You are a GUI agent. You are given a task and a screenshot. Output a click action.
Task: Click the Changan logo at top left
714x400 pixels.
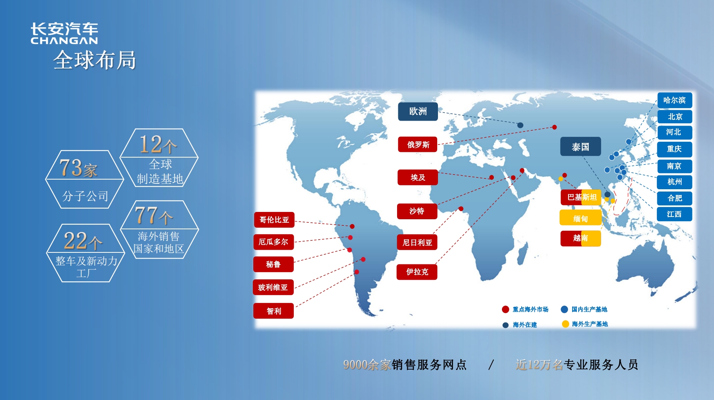tap(64, 33)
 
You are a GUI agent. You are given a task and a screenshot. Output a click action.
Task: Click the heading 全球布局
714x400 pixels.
tap(95, 60)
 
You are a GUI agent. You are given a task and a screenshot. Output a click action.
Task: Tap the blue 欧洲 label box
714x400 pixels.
tap(418, 111)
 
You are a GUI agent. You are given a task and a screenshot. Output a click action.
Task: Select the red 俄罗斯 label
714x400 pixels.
tap(418, 145)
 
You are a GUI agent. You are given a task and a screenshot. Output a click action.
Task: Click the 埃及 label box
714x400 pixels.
tap(418, 177)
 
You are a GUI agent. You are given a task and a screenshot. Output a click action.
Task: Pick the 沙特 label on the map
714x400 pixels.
tap(417, 211)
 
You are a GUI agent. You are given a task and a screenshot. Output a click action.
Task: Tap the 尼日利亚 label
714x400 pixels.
tap(417, 242)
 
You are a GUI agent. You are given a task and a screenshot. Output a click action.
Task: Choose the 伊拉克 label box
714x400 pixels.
tap(417, 272)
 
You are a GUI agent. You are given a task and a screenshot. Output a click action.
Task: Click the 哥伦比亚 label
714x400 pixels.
tap(274, 220)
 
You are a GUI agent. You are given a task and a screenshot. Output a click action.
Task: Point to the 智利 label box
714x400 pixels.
tap(274, 311)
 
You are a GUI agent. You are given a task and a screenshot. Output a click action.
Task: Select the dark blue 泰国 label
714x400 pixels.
tap(581, 146)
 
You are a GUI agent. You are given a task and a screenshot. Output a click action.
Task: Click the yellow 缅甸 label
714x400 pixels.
tap(581, 218)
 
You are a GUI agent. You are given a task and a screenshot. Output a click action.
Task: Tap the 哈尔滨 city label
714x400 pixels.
tap(675, 100)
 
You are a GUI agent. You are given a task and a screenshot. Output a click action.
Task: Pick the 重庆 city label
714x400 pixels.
tap(675, 149)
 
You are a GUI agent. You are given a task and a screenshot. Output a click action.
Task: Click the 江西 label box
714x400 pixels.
tap(674, 214)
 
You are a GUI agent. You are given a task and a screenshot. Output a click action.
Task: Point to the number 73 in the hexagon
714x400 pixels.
tap(71, 168)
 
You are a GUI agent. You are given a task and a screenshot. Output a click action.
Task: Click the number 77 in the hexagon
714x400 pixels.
tap(146, 215)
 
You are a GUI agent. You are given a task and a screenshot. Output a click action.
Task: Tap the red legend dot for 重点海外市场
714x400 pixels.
tap(505, 309)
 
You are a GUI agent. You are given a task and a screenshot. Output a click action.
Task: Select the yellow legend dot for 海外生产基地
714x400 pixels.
tap(566, 324)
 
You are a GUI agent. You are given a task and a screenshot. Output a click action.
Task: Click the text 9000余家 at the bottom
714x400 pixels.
tap(367, 365)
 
